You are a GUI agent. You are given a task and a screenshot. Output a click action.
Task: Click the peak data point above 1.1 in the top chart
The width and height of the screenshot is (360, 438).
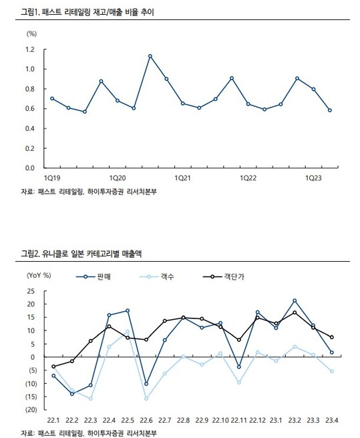tap(150, 56)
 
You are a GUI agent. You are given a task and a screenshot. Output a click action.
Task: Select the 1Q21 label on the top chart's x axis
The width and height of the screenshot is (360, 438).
tap(182, 178)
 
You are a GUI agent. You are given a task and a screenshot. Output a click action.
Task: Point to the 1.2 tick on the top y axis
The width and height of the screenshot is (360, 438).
tap(30, 49)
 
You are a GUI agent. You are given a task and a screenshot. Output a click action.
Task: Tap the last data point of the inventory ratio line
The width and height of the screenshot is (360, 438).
tap(330, 110)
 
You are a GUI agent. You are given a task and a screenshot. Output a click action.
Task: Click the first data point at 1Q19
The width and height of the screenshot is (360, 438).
tap(52, 99)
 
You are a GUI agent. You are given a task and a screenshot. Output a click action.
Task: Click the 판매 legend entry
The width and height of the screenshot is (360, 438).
tap(94, 277)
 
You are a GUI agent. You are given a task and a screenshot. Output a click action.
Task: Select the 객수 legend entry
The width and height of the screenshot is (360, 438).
tap(157, 277)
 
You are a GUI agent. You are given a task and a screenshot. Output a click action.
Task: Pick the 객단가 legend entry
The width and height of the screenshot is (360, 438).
tap(224, 277)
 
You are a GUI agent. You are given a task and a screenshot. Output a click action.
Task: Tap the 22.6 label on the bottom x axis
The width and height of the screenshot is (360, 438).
tap(146, 420)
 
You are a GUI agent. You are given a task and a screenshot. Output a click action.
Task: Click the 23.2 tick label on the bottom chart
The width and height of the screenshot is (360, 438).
tap(295, 420)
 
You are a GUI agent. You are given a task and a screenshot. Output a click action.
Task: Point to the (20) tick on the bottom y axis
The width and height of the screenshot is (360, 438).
tap(31, 409)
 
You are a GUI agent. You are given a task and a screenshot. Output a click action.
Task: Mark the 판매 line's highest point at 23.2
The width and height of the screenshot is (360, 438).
tap(295, 300)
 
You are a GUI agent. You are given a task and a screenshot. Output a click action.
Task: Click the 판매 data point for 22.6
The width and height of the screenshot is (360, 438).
tap(146, 384)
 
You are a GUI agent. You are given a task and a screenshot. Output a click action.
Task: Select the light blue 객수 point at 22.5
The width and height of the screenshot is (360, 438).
tap(128, 332)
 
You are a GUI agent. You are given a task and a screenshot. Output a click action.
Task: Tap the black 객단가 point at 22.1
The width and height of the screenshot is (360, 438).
tap(53, 367)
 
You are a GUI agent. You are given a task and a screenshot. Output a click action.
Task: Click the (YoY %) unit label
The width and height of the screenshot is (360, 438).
tap(39, 276)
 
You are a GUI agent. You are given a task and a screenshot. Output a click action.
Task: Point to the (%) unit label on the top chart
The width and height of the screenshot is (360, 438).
tap(31, 34)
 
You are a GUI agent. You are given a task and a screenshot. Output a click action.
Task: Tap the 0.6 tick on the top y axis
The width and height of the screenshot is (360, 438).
tap(30, 109)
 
